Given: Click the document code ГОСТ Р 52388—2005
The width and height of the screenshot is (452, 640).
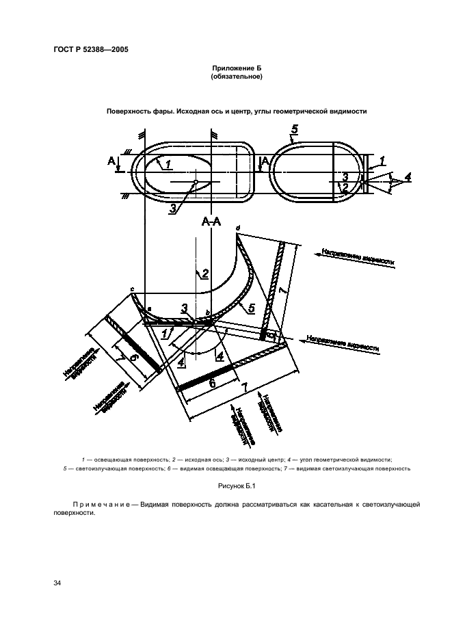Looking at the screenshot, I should click(x=91, y=50).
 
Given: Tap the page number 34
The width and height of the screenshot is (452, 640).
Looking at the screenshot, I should click(x=57, y=583).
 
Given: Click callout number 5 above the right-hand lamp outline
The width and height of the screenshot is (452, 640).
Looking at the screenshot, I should click(x=294, y=129).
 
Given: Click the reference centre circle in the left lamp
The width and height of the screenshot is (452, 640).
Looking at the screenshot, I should click(x=196, y=182).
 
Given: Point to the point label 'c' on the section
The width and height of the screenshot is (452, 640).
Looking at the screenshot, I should click(x=131, y=290).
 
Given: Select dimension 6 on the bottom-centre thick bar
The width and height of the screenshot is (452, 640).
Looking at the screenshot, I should click(x=212, y=384).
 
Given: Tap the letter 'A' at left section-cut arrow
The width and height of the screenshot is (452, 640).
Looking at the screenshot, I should click(x=111, y=161).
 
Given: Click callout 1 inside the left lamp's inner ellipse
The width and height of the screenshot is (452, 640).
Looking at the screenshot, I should click(x=168, y=164).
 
